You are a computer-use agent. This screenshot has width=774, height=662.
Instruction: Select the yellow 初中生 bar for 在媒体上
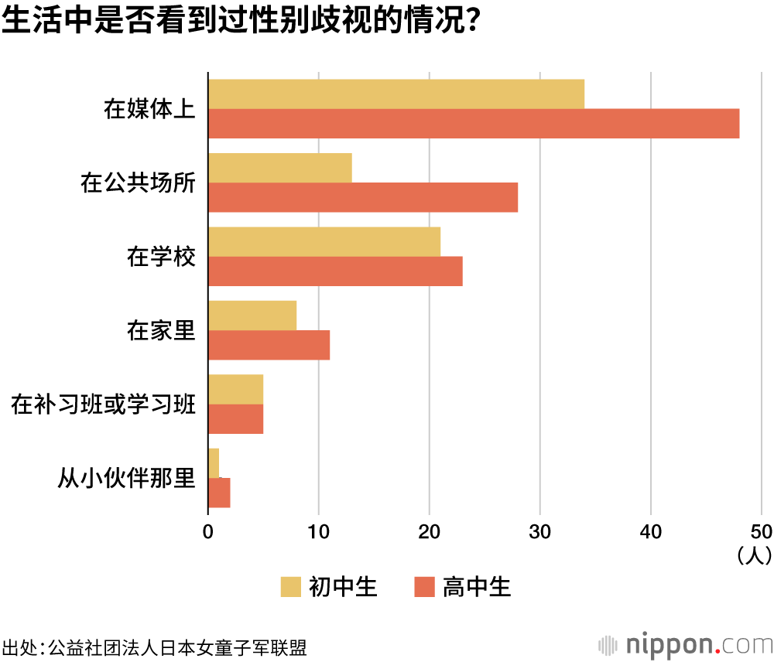click(x=396, y=94)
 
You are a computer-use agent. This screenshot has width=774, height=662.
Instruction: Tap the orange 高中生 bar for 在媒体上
click(x=474, y=124)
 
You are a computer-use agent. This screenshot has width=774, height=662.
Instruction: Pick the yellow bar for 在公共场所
click(x=279, y=168)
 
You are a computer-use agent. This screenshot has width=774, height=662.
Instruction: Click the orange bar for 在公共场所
click(x=362, y=198)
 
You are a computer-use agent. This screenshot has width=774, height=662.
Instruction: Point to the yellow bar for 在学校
click(x=324, y=242)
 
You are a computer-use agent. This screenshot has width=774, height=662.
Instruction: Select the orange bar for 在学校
click(x=335, y=271)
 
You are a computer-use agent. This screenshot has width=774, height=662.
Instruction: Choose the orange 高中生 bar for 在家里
click(x=269, y=345)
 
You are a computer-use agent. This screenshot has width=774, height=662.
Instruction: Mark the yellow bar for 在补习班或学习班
click(x=235, y=389)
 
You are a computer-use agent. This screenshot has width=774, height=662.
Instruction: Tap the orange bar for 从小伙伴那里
click(x=219, y=493)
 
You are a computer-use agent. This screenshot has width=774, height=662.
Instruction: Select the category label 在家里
click(x=161, y=331)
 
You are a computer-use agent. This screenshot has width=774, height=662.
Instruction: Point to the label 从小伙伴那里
click(x=126, y=479)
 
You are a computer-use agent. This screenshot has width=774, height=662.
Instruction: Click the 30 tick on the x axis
click(x=540, y=531)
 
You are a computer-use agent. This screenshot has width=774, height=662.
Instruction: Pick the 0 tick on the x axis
click(x=208, y=531)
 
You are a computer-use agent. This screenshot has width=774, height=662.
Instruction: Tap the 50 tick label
click(x=761, y=531)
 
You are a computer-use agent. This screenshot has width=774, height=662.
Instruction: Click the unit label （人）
click(x=752, y=555)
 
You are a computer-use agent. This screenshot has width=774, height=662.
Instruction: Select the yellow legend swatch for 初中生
click(x=291, y=587)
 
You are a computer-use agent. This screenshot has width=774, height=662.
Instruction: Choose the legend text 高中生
click(x=477, y=587)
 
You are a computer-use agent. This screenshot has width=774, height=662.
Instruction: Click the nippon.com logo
click(x=684, y=644)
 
